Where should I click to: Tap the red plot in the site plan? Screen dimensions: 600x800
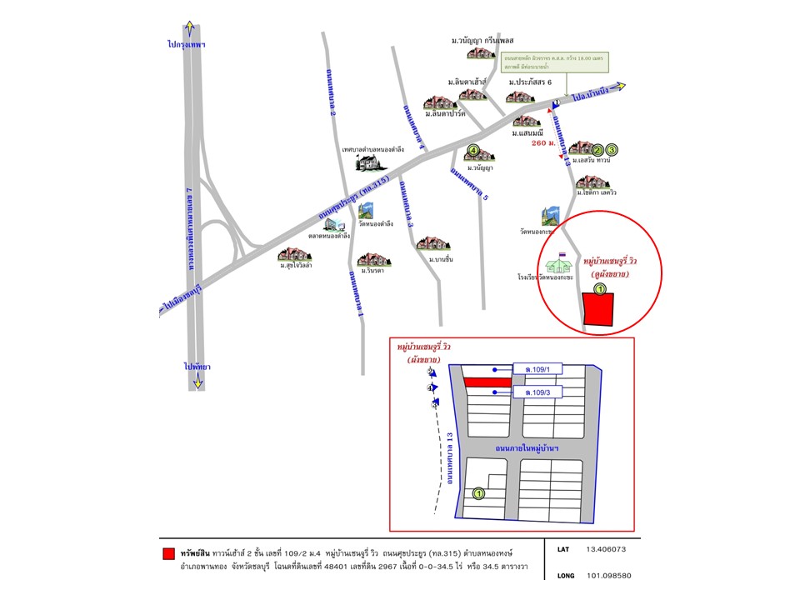click(x=487, y=382)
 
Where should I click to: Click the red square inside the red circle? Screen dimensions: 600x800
click(x=598, y=311)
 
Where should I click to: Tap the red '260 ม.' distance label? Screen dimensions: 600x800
click(x=542, y=143)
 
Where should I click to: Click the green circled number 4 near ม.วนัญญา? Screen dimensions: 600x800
click(x=473, y=151)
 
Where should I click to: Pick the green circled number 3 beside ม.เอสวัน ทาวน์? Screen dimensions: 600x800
click(x=612, y=149)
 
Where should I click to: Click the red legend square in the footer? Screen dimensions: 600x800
click(x=168, y=553)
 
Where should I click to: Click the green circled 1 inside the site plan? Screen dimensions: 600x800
click(x=479, y=494)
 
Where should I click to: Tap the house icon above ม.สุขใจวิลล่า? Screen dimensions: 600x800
click(x=295, y=254)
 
